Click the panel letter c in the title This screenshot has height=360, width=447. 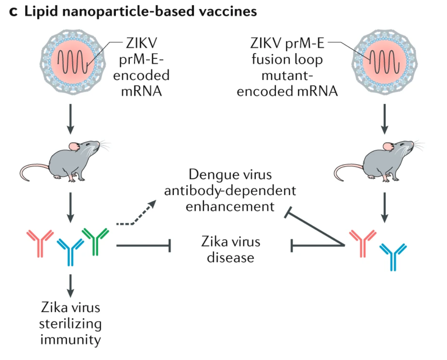pos(13,12)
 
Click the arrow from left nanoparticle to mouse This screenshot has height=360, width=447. pos(71,118)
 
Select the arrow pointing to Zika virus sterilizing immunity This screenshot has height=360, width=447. pos(71,285)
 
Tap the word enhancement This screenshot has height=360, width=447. pos(230,206)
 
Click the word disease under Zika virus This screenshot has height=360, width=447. pos(230,258)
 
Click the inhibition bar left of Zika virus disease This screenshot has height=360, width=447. pos(168,246)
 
